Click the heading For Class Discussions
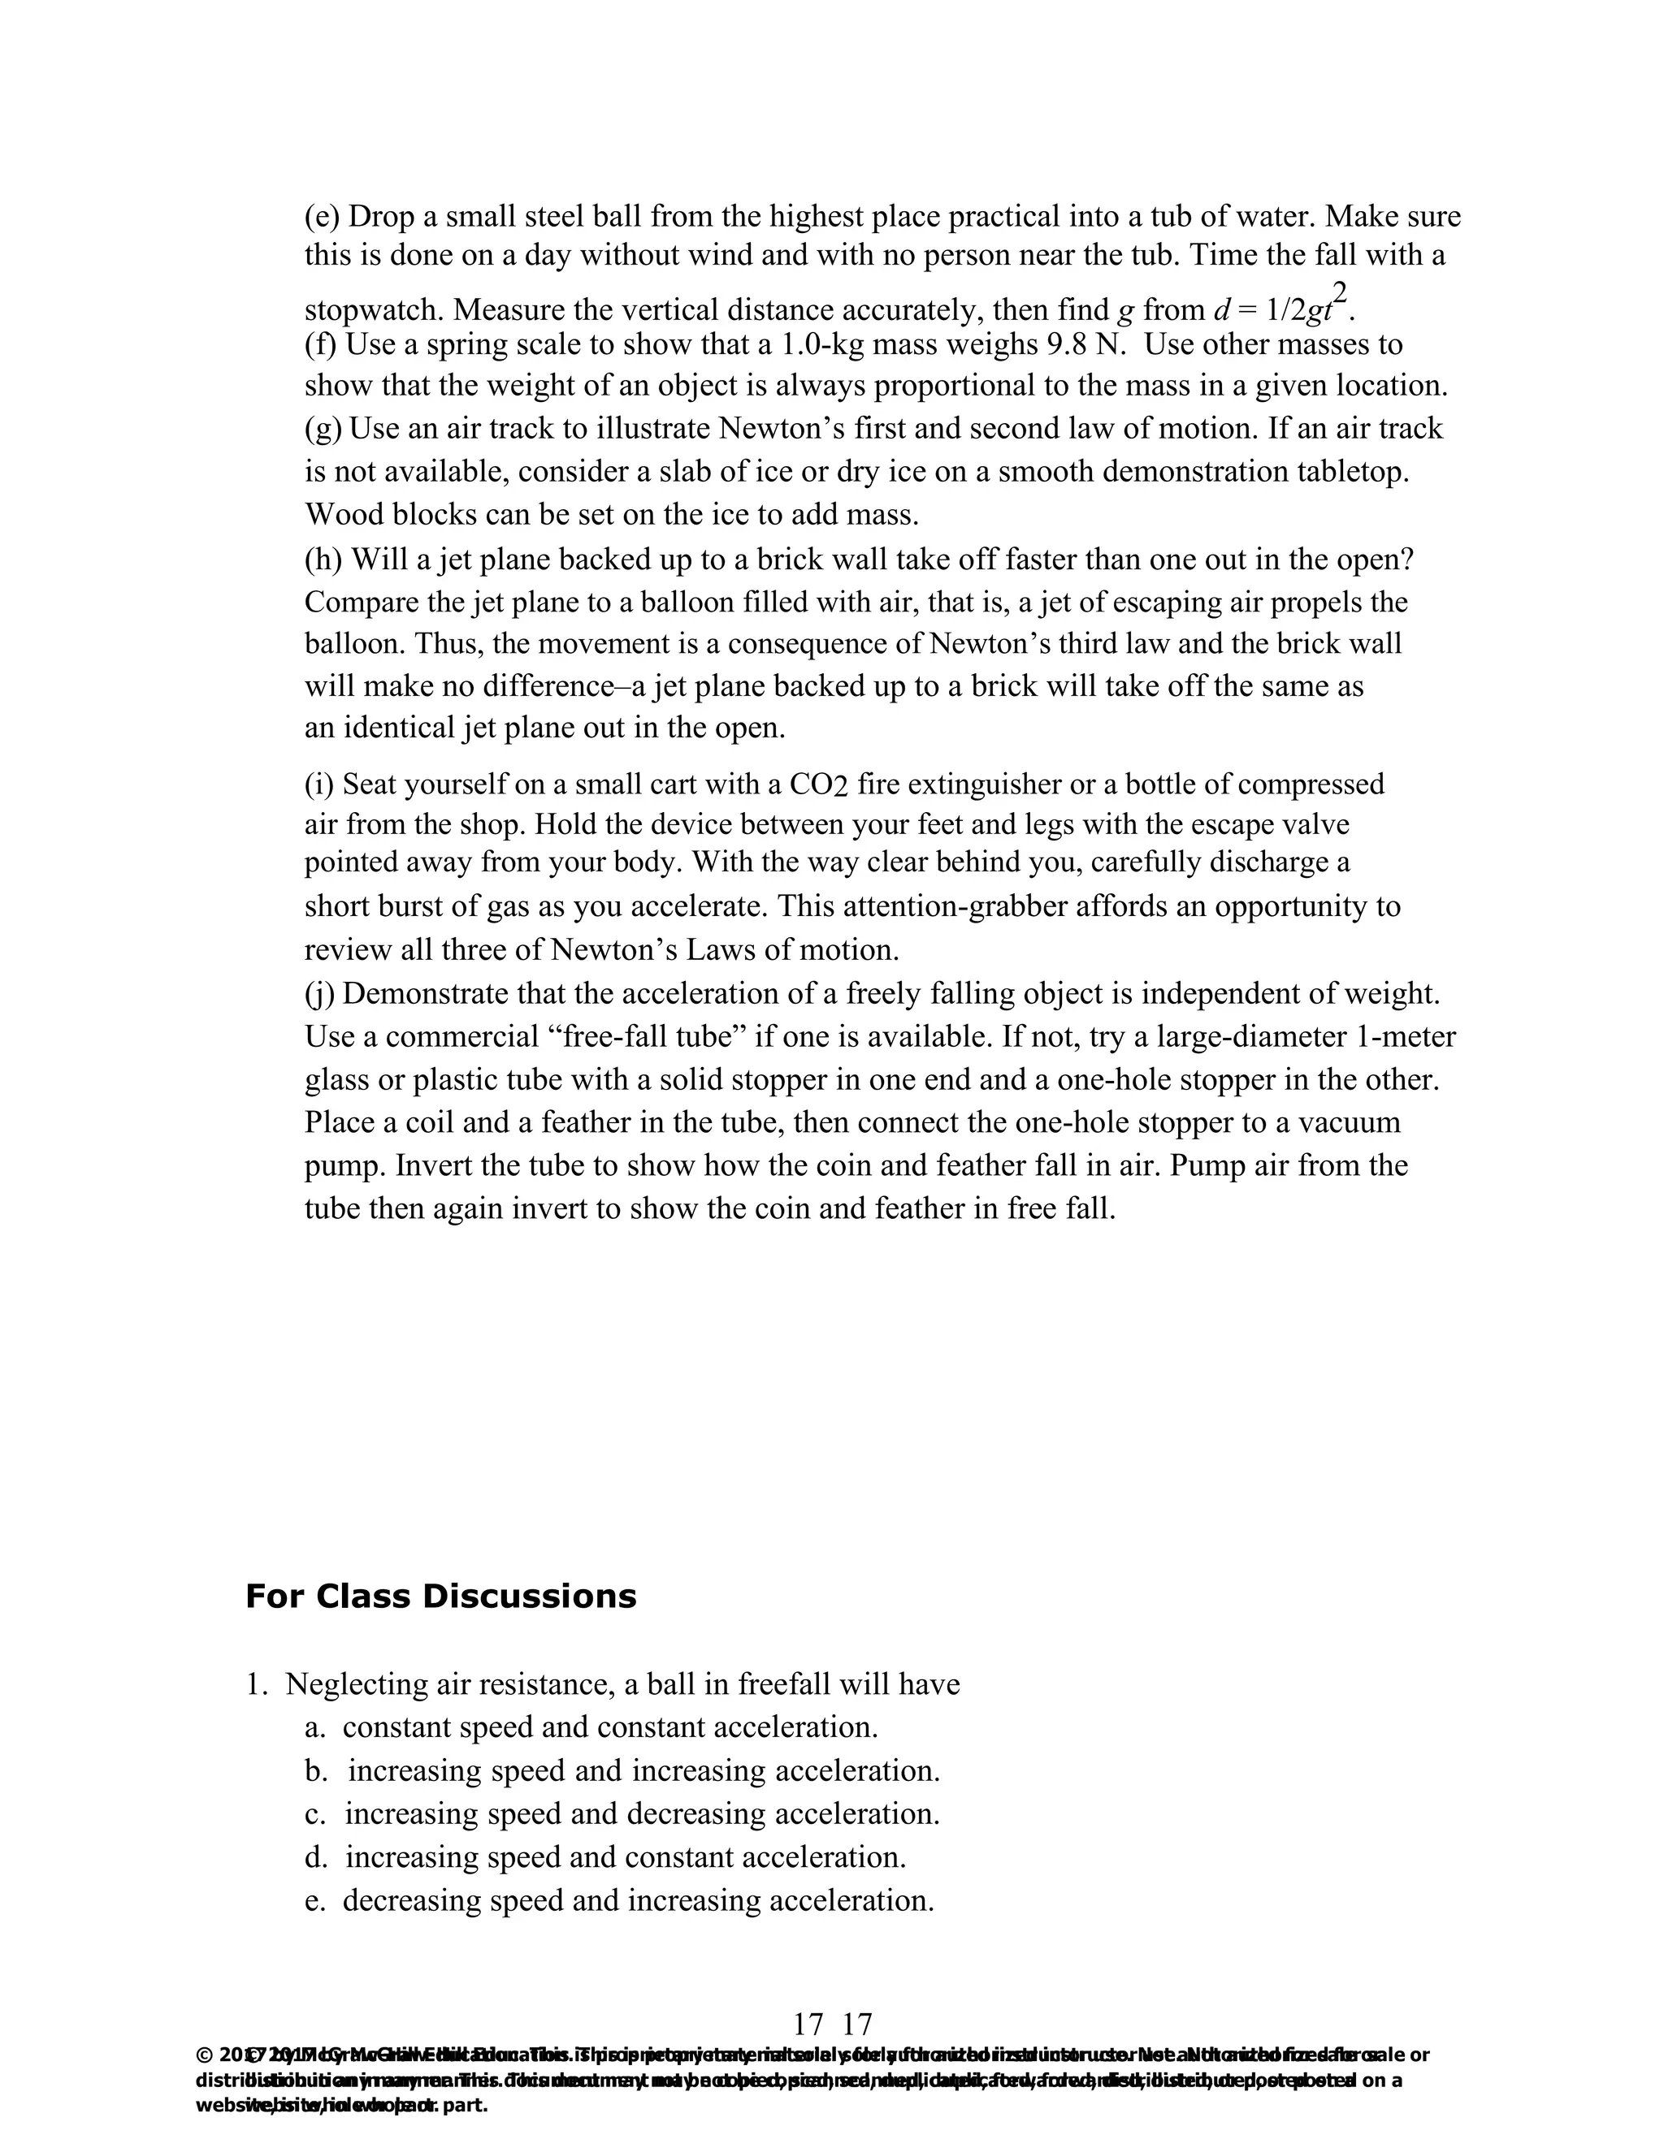[x=440, y=1597]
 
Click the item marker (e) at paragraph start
[x=322, y=216]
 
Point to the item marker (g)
[x=323, y=429]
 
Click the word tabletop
[x=1354, y=471]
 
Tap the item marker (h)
[x=323, y=560]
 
